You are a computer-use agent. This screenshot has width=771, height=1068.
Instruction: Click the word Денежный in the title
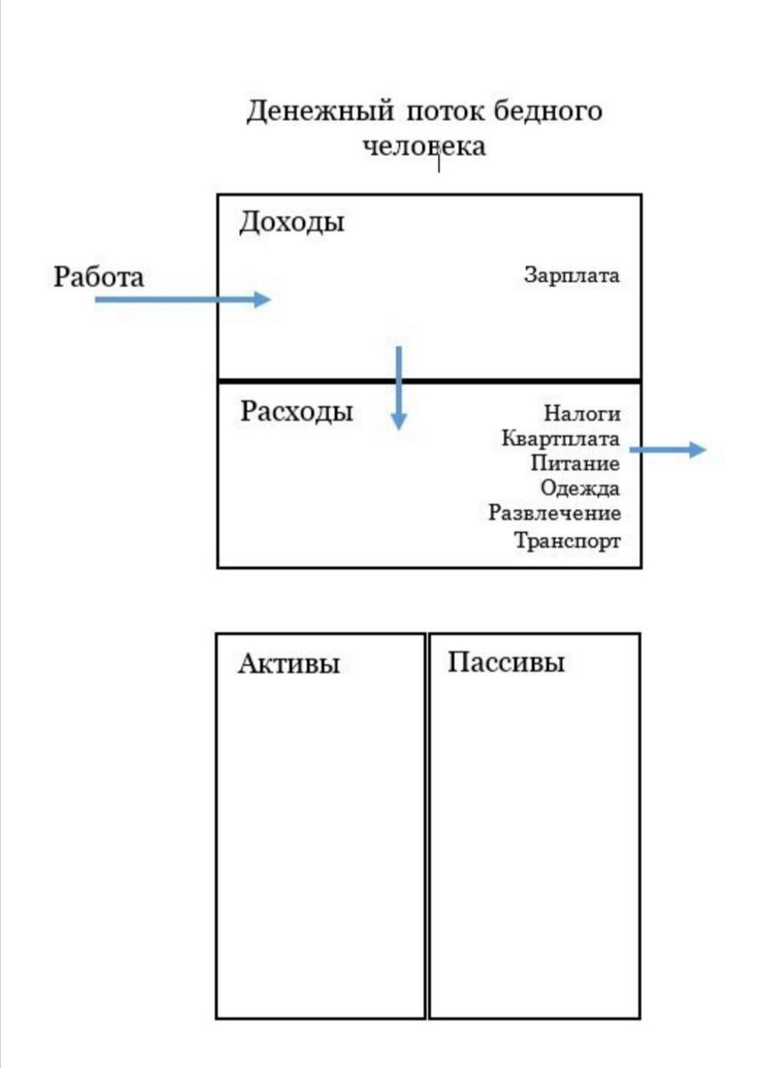click(321, 112)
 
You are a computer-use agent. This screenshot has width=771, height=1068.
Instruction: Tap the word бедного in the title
click(548, 112)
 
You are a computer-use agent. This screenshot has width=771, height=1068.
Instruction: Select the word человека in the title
click(425, 145)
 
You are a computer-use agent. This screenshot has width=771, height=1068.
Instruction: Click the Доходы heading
click(291, 222)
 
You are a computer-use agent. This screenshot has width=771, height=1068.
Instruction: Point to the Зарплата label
click(571, 275)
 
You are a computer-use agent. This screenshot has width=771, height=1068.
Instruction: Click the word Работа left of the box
click(98, 277)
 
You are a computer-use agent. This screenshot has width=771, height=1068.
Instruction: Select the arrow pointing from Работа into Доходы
click(183, 300)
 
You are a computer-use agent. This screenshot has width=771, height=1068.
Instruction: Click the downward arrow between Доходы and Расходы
click(398, 388)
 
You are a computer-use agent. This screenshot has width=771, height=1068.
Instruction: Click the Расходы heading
click(296, 412)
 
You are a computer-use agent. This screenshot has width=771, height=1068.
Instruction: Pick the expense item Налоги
click(581, 413)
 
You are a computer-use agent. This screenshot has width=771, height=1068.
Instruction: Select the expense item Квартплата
click(561, 439)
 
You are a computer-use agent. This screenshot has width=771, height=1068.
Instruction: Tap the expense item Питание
click(575, 464)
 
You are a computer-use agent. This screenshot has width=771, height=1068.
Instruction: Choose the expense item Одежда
click(580, 489)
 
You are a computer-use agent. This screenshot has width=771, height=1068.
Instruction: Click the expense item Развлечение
click(555, 514)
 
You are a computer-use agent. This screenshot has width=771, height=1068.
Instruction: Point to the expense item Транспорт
click(567, 540)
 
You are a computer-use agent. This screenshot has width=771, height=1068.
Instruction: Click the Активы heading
click(288, 665)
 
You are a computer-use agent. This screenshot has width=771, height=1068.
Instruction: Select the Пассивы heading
click(506, 663)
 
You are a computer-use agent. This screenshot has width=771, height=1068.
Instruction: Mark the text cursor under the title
click(438, 162)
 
